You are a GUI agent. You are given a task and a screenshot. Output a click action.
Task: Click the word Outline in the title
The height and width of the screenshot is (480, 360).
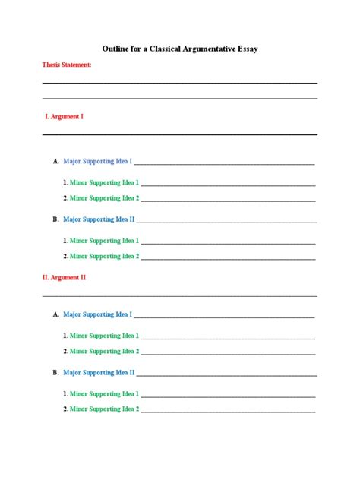(x=114, y=49)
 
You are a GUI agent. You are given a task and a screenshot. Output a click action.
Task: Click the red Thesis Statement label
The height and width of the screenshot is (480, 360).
(x=67, y=65)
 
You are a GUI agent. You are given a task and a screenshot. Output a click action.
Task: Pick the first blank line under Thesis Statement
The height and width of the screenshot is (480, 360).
(x=179, y=83)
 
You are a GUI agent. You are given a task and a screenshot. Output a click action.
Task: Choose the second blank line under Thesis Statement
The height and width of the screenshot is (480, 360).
(x=179, y=98)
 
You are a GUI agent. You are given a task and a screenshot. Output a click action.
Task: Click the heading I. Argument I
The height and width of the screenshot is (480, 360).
(x=65, y=117)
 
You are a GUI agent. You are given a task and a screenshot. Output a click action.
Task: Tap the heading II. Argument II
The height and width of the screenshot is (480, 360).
(x=64, y=278)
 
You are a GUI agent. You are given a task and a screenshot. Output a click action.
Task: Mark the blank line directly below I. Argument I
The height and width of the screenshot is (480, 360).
(x=179, y=134)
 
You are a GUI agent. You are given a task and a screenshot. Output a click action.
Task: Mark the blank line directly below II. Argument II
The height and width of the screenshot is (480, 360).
(x=179, y=296)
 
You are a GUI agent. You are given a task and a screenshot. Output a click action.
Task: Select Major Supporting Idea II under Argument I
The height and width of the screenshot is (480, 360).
(x=99, y=219)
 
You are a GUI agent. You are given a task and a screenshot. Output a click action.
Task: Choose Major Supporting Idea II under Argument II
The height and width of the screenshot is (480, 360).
(x=99, y=373)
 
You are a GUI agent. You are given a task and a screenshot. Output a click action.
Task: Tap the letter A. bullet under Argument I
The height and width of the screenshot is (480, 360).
(x=55, y=161)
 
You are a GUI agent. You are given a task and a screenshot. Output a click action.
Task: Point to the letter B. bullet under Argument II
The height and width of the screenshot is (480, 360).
(x=55, y=373)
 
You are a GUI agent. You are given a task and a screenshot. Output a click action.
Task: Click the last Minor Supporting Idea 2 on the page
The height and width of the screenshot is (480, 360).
(x=105, y=409)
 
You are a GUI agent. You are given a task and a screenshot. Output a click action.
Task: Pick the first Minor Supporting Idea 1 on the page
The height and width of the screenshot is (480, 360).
(x=105, y=183)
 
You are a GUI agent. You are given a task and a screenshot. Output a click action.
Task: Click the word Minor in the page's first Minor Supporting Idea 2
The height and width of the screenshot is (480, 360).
(x=79, y=198)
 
